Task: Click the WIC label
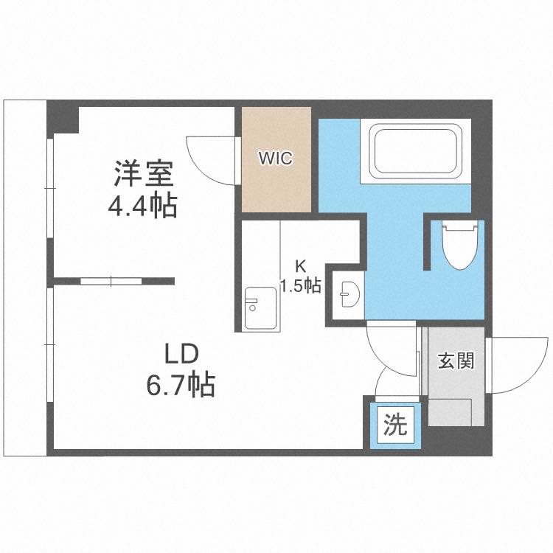pyautogui.click(x=275, y=158)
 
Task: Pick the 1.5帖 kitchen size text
pyautogui.click(x=300, y=286)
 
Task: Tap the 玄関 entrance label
pyautogui.click(x=455, y=361)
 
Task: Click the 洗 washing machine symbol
pyautogui.click(x=395, y=425)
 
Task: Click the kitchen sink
pyautogui.click(x=259, y=305)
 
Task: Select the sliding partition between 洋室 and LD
pyautogui.click(x=111, y=281)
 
